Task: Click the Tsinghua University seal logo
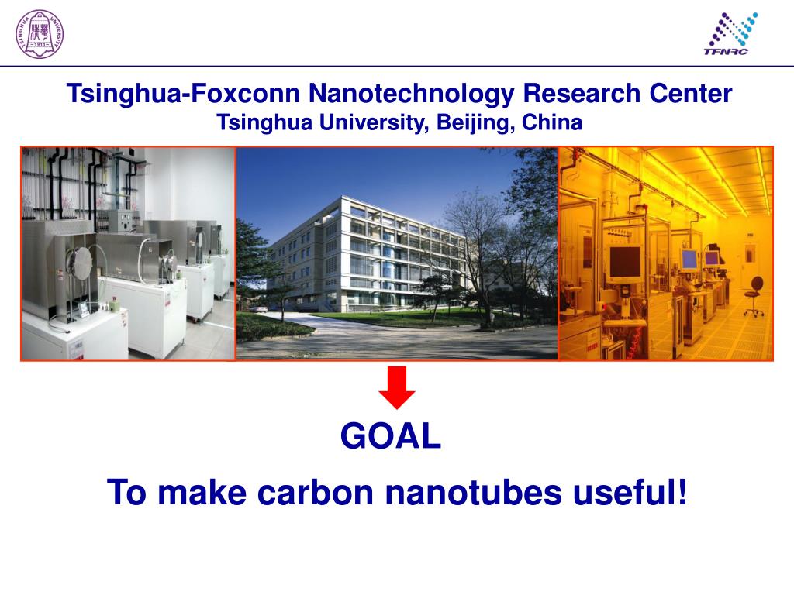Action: [39, 33]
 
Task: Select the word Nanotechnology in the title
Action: [412, 94]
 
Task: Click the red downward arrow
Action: [396, 387]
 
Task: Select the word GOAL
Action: [391, 438]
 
